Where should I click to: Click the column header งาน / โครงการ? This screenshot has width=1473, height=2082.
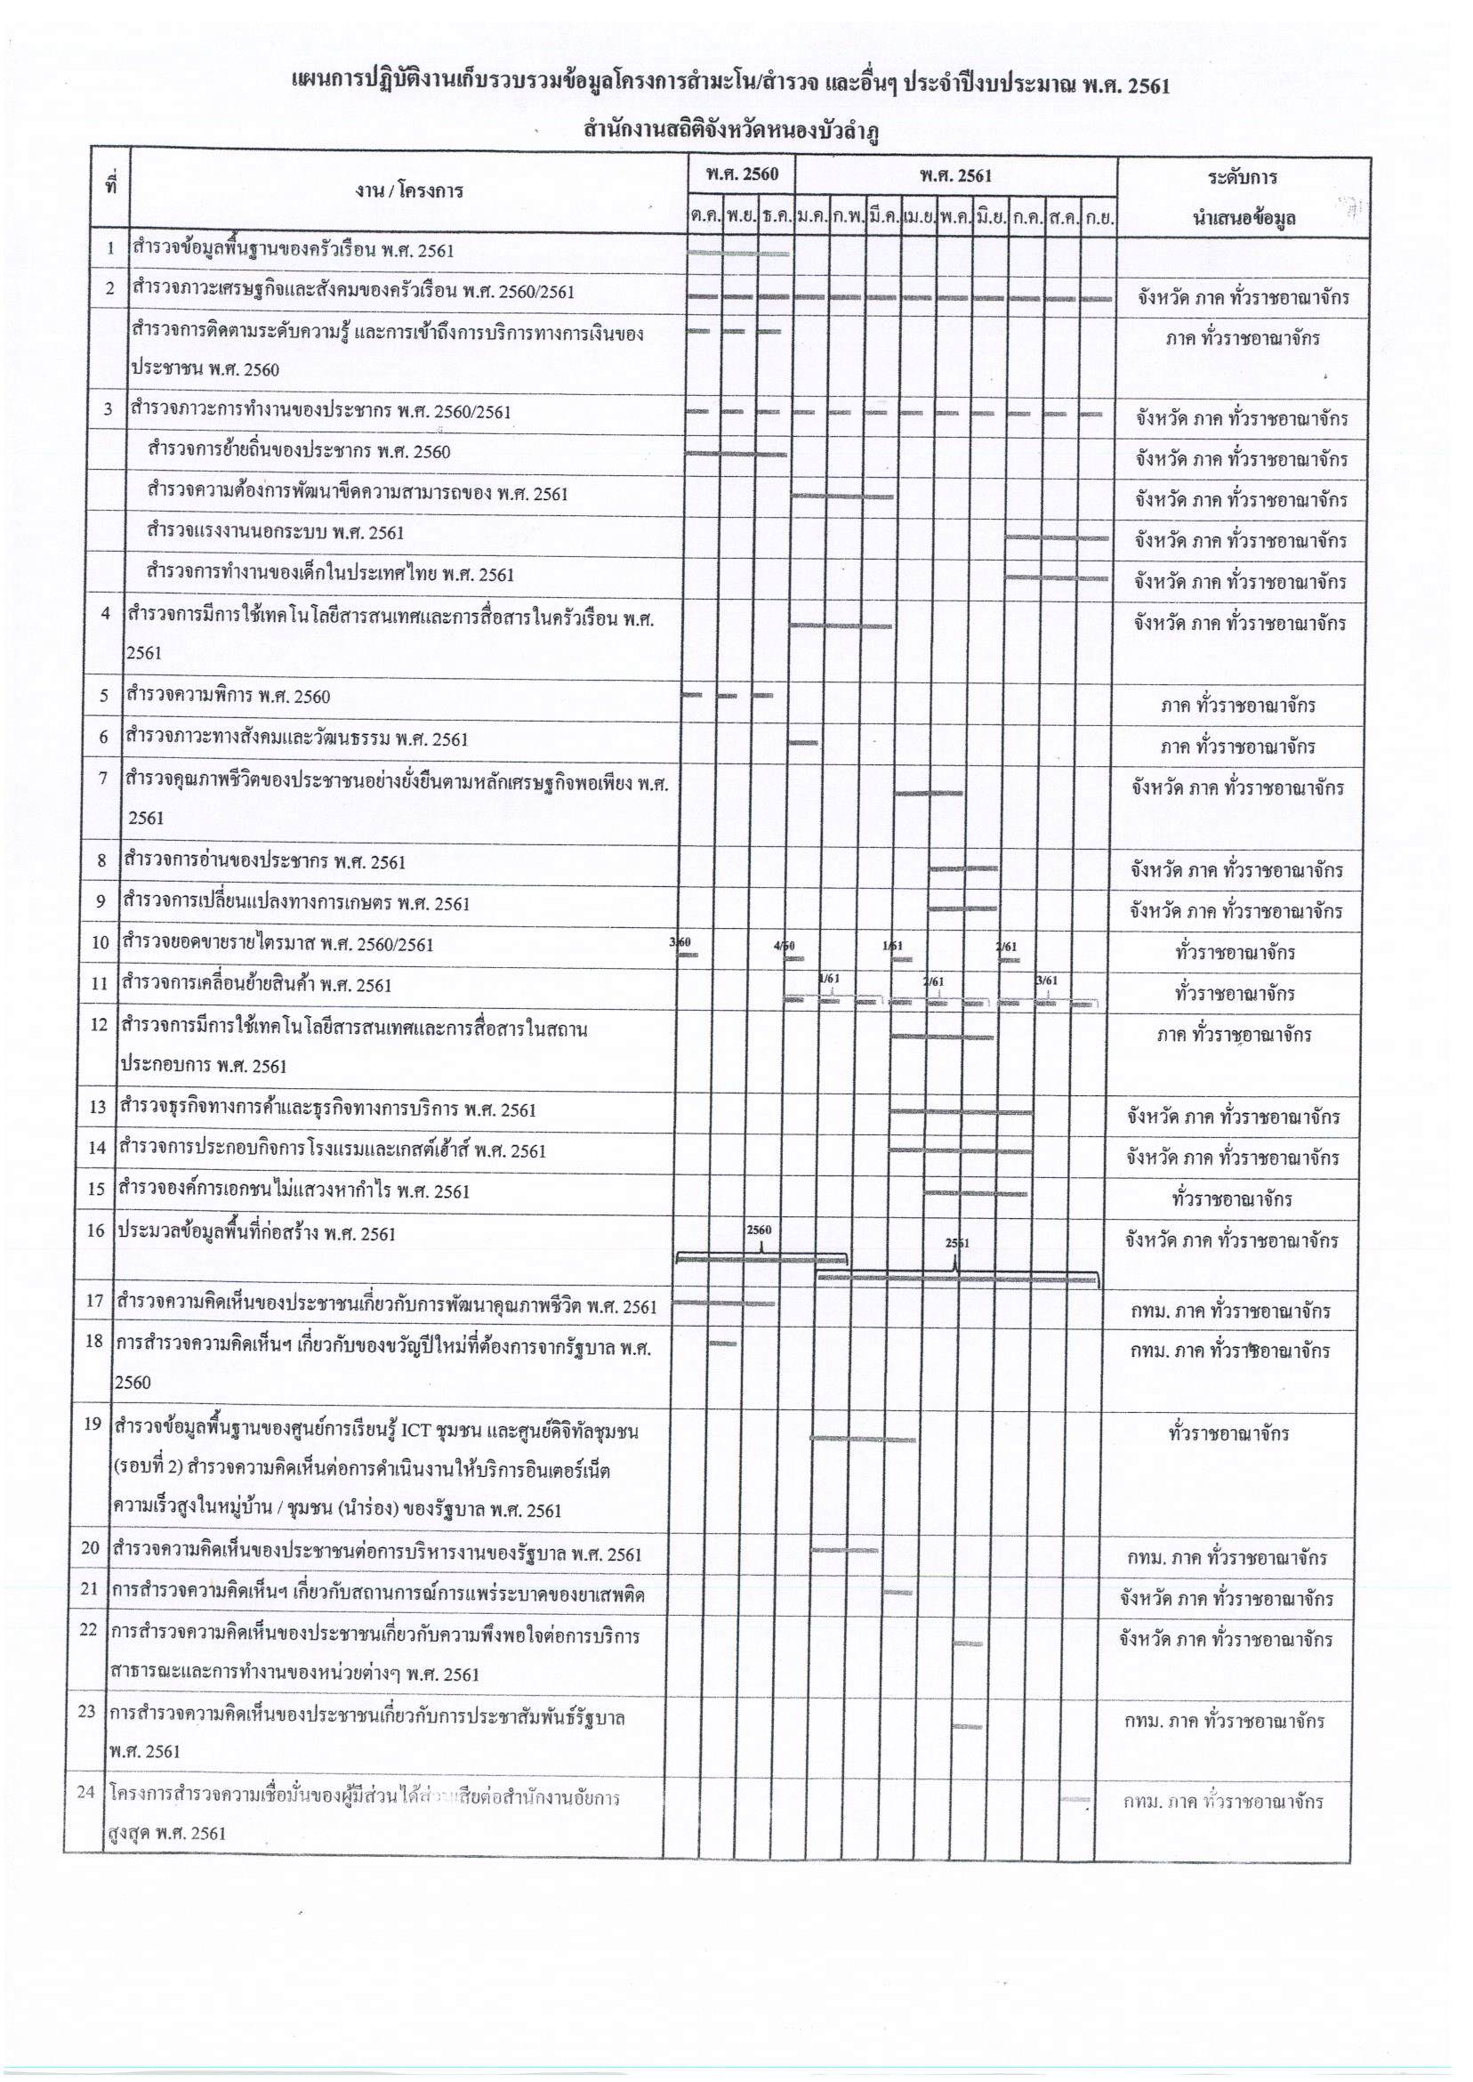point(409,190)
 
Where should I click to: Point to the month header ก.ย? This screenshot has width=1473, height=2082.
point(1099,218)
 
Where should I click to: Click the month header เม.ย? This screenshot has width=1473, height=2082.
point(919,218)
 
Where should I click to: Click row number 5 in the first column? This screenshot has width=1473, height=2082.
point(104,697)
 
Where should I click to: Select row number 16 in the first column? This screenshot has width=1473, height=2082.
point(96,1232)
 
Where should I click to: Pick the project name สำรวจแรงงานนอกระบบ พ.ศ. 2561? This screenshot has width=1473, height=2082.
point(276,533)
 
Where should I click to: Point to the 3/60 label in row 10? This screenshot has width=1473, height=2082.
point(680,942)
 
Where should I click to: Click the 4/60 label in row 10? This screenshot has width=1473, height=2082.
point(785,946)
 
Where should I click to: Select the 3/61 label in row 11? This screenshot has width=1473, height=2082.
point(1046,980)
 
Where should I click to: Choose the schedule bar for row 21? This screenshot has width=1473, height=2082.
point(898,1592)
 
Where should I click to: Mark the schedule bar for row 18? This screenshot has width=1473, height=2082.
point(723,1343)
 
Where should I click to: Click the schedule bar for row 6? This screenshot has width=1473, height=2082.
point(803,743)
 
